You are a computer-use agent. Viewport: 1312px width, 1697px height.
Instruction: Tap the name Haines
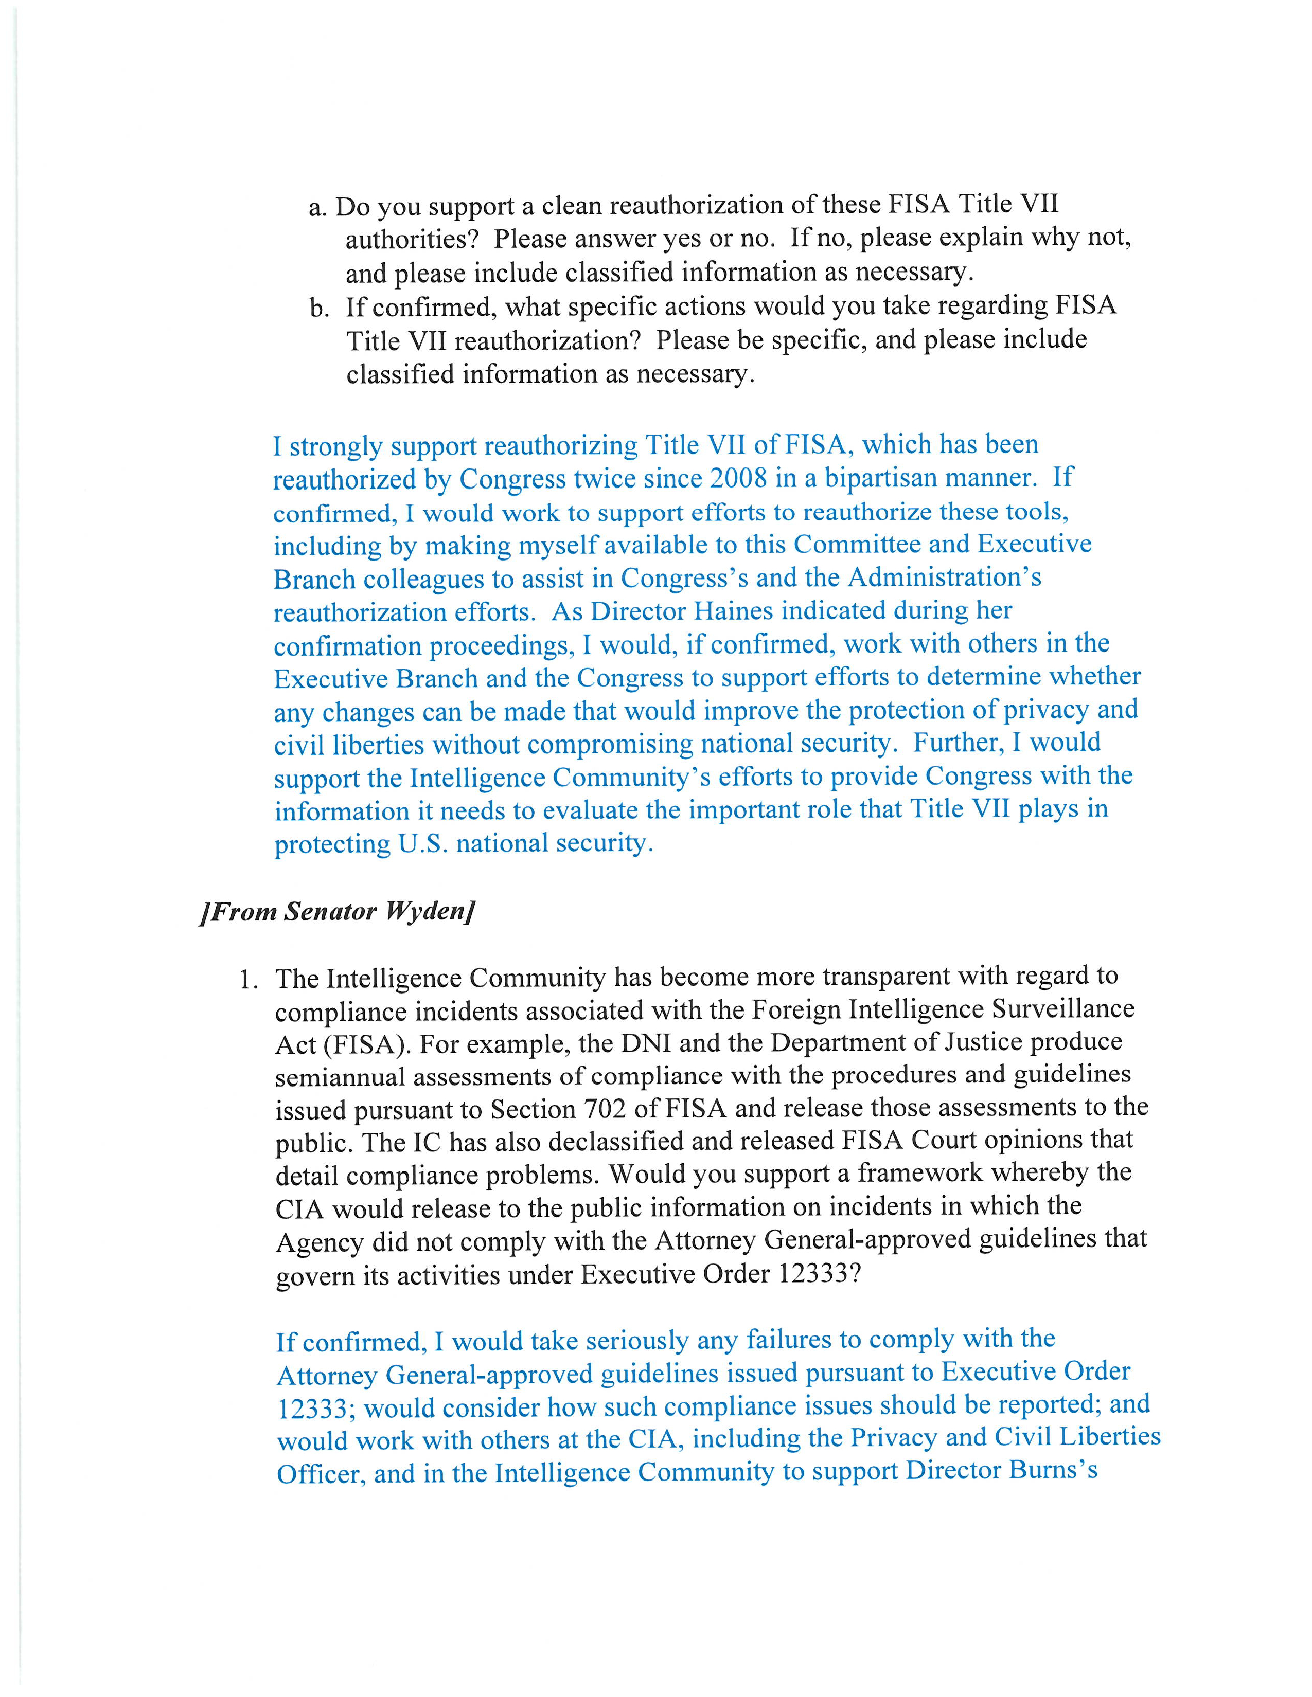[733, 611]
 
